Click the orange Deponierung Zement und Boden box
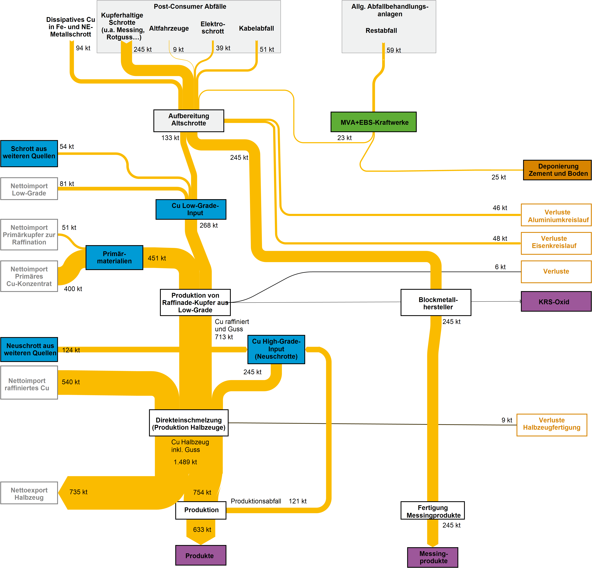pos(557,170)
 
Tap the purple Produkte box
pos(201,555)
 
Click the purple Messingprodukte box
pos(433,557)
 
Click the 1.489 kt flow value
pos(185,462)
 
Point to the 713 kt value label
pos(224,337)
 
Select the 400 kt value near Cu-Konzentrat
pos(73,289)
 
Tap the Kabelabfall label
pos(256,28)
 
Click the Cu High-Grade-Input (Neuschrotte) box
pos(276,349)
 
